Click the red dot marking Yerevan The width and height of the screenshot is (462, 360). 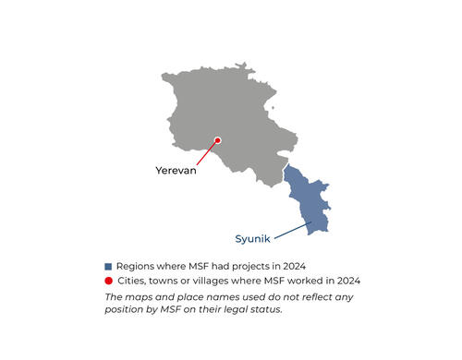(218, 140)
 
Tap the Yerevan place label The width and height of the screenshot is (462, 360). (175, 171)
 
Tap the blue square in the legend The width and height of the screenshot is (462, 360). (108, 266)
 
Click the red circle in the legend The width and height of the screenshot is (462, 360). (108, 280)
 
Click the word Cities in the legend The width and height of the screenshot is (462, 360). (132, 280)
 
